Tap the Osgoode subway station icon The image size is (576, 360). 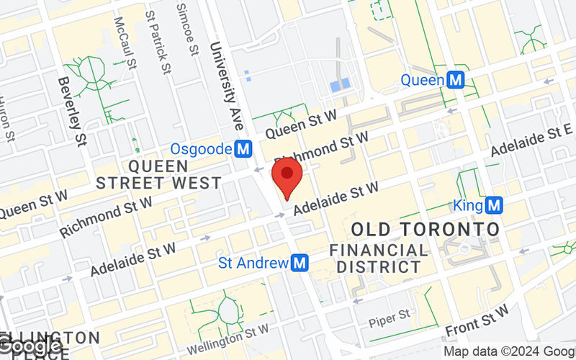[x=244, y=149]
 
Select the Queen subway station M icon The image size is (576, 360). [x=454, y=80]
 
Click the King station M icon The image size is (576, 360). [x=493, y=206]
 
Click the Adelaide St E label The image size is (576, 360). [x=532, y=140]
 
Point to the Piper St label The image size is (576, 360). [x=389, y=314]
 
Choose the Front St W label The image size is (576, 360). [x=477, y=320]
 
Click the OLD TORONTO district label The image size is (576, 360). [x=425, y=230]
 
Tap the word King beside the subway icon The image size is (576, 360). [x=468, y=206]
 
